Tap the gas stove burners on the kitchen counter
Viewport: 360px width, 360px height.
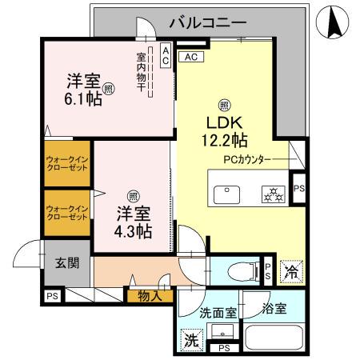(273, 194)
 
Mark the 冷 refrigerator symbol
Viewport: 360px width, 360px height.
(292, 271)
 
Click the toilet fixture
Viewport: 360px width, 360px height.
(234, 270)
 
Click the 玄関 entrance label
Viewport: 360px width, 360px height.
(66, 264)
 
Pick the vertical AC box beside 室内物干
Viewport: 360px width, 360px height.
(166, 55)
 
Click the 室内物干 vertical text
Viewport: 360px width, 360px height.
(141, 71)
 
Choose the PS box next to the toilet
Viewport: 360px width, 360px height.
(268, 270)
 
